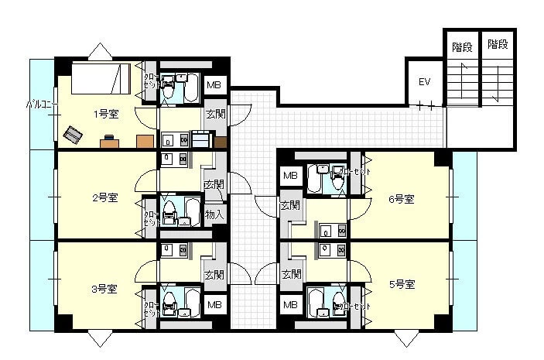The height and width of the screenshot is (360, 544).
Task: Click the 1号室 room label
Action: click(x=106, y=115)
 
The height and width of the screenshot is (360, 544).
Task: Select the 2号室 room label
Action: click(x=104, y=197)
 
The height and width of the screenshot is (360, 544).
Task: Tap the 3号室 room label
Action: click(x=104, y=289)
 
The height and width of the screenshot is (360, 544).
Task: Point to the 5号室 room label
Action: click(x=401, y=284)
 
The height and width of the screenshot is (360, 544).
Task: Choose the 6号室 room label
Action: click(x=401, y=199)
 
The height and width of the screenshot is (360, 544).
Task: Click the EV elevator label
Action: click(x=424, y=82)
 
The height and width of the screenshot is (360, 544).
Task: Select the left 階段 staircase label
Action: click(x=462, y=46)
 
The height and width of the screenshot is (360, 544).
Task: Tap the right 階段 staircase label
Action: click(x=498, y=45)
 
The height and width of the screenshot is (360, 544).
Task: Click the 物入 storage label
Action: click(x=214, y=214)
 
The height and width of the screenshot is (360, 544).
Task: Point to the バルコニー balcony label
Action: click(x=39, y=103)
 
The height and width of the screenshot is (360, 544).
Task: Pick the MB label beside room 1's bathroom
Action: click(x=214, y=85)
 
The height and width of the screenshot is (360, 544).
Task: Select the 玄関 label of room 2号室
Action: click(x=214, y=185)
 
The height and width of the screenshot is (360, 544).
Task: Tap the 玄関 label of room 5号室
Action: click(x=291, y=274)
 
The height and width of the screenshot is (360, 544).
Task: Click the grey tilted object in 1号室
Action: click(x=74, y=135)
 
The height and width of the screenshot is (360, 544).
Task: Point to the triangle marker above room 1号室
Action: click(x=99, y=51)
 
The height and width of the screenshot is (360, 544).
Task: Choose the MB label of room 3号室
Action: click(x=214, y=305)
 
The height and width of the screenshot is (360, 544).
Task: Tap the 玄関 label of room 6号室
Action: click(x=291, y=206)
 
